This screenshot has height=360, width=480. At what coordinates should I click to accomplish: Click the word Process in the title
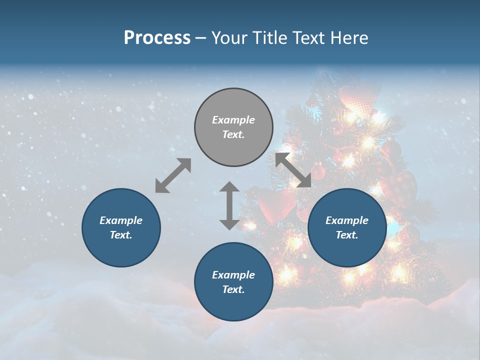click(x=157, y=38)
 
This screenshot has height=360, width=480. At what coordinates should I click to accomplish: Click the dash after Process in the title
click(x=200, y=38)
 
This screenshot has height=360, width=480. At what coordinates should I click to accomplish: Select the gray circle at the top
click(x=233, y=127)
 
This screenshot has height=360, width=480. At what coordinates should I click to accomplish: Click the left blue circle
click(x=121, y=227)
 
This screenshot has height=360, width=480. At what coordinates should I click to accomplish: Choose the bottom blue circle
click(x=233, y=281)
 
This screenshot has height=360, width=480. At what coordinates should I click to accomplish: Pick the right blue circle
click(x=346, y=227)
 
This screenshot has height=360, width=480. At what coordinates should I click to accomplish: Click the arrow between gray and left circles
click(x=173, y=175)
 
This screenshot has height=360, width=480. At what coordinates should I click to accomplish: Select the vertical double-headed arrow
click(x=229, y=205)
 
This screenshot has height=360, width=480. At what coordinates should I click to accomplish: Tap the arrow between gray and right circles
click(x=293, y=170)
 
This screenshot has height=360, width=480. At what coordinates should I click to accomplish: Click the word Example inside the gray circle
click(x=233, y=120)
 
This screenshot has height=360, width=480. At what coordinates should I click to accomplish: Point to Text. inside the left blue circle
click(x=121, y=235)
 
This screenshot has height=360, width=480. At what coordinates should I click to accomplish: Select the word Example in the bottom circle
click(x=233, y=274)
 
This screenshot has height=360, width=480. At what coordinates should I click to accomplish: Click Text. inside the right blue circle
click(x=346, y=235)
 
